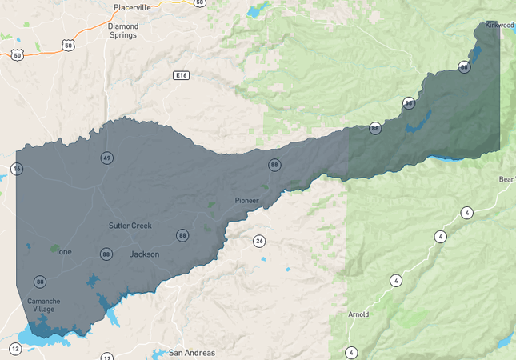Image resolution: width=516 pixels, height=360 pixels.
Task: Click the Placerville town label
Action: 131,7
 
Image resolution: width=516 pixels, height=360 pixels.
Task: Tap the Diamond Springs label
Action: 122,30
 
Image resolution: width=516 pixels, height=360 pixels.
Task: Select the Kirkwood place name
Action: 499,25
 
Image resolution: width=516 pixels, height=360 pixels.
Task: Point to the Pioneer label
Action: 247,200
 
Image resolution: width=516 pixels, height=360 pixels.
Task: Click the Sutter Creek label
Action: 130,226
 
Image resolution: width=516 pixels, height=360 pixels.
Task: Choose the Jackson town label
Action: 144,254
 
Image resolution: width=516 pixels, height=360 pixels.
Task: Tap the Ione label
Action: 64,252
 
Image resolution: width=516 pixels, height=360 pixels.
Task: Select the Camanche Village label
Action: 42,305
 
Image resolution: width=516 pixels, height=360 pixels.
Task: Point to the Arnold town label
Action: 358,314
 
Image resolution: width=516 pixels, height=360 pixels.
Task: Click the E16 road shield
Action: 181,75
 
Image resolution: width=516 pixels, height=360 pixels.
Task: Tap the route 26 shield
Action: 258,241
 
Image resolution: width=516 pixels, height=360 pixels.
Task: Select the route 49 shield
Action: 106,158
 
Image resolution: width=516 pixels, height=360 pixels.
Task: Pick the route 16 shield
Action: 17,168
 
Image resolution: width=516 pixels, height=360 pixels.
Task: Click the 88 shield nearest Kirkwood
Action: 464,67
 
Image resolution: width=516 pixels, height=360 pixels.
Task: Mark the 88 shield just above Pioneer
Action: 274,165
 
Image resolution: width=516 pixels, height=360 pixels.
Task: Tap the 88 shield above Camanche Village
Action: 40,282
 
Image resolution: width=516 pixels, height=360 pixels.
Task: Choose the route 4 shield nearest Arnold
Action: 350,352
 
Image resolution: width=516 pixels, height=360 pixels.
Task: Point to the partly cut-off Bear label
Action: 507,179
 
